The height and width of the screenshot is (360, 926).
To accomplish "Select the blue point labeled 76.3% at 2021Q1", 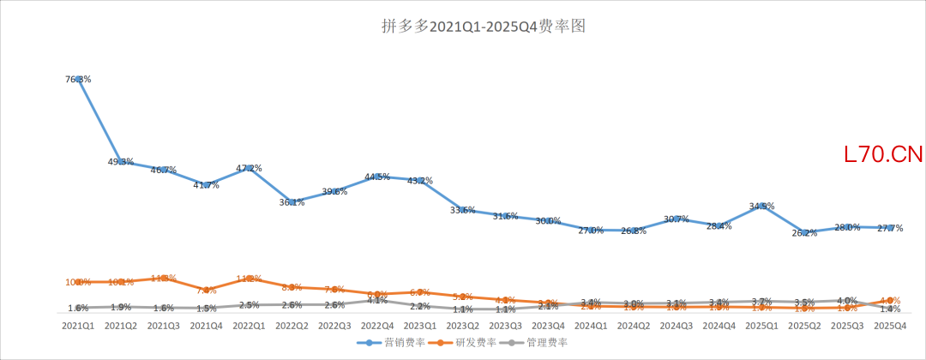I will (78, 79).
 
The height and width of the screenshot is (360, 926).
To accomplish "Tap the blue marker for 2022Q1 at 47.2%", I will (250, 168).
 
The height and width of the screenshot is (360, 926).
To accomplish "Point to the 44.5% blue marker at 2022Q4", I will (377, 177).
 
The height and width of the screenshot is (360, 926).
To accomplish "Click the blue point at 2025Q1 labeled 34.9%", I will (762, 206).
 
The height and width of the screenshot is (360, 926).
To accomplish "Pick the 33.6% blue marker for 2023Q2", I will (463, 210).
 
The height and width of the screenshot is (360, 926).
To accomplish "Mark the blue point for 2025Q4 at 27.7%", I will (891, 228).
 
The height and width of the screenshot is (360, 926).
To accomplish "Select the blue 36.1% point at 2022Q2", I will (292, 202).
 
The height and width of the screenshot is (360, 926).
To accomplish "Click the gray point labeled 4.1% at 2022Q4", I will (377, 300).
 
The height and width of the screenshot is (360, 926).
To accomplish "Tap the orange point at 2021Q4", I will (207, 291).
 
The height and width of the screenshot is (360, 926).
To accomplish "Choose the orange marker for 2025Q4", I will (891, 301).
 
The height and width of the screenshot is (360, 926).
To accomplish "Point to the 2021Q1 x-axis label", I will (78, 326).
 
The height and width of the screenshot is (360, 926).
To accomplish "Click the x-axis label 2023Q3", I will (506, 326).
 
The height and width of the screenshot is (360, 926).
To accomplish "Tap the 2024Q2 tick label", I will (634, 326).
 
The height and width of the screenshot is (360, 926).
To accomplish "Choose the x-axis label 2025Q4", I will (891, 326).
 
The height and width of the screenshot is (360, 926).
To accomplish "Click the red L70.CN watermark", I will (882, 155).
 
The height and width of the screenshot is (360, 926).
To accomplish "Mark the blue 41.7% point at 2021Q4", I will (207, 185).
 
